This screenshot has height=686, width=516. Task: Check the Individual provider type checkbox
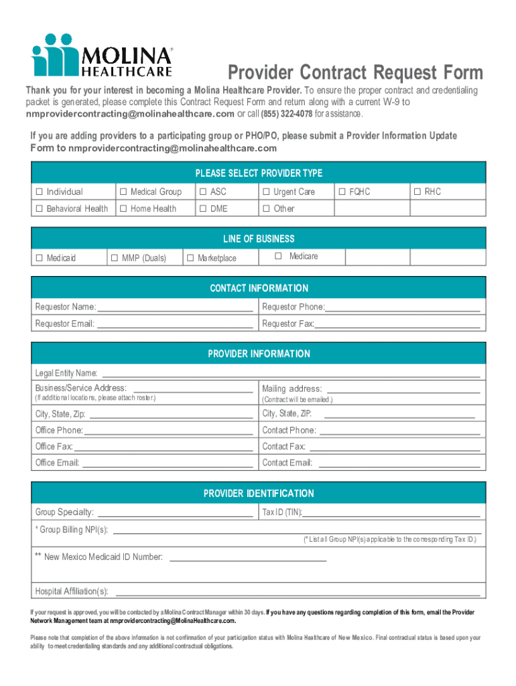coord(39,192)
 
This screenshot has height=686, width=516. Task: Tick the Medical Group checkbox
coord(123,192)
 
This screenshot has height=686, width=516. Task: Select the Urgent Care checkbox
coord(266,192)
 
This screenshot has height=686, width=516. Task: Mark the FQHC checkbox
coord(342,192)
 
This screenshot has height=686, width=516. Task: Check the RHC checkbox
coord(417,192)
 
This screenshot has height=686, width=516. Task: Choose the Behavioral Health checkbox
coord(39,209)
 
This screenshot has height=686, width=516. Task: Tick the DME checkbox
coord(202,209)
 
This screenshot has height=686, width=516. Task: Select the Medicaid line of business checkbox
coord(39,258)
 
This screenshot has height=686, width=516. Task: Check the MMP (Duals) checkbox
coord(115,258)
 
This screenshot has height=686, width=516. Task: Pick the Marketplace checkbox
coord(190,258)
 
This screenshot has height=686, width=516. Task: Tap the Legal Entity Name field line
coord(289,374)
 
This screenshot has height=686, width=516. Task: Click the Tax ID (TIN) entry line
coord(391,514)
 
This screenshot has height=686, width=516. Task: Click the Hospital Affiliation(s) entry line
coord(298,592)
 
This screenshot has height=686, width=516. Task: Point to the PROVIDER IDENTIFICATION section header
coord(259,494)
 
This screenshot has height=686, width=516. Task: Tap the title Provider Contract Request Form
coord(354,72)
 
